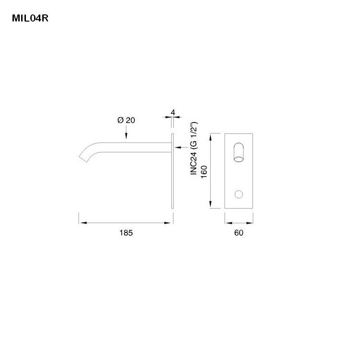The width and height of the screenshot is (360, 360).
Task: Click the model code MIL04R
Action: (x=30, y=19)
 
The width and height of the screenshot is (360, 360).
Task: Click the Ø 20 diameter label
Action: (x=126, y=120)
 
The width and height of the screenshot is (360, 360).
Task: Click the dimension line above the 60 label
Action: (x=239, y=223)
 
